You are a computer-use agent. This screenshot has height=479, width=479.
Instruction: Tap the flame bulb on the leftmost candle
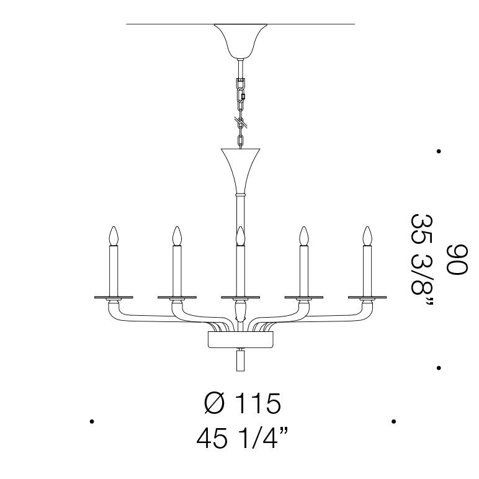pos(114,236)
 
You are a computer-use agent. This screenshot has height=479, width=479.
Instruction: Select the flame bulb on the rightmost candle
pos(367,236)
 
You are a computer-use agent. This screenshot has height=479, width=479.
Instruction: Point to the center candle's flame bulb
pos(240,236)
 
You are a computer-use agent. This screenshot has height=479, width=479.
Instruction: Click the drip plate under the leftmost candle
pos(114,297)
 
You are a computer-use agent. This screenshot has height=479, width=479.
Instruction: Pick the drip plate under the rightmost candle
pos(367,297)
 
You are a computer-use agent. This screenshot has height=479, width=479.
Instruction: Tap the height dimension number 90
pos(457,259)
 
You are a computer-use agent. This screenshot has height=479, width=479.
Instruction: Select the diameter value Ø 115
pos(242,403)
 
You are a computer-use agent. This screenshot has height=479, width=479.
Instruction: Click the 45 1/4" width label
pos(242,439)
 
